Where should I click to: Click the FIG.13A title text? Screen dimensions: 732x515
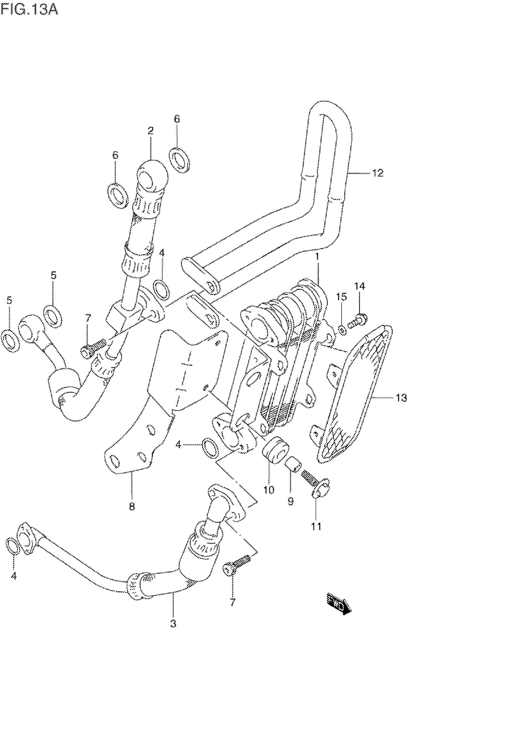pyautogui.click(x=29, y=10)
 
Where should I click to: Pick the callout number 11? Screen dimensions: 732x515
pyautogui.click(x=316, y=526)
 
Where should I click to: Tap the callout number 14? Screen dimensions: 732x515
pyautogui.click(x=360, y=286)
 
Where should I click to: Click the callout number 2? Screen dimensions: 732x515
pyautogui.click(x=151, y=130)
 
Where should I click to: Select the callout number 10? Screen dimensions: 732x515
pyautogui.click(x=269, y=490)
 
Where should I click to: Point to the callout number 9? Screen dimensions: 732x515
pyautogui.click(x=291, y=502)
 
